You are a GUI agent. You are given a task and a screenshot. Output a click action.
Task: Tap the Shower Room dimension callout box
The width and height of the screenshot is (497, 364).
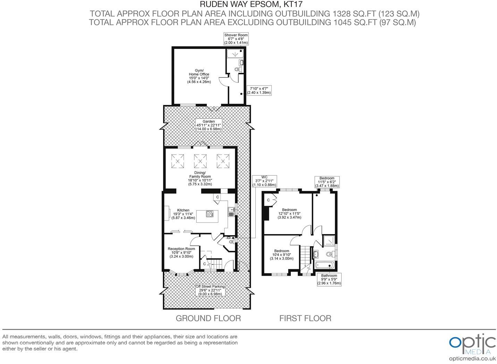(236, 39)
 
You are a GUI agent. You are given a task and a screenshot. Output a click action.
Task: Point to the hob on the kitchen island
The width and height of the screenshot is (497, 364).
(210, 214)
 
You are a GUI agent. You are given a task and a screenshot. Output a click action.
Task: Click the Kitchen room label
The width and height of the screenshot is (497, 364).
(183, 214)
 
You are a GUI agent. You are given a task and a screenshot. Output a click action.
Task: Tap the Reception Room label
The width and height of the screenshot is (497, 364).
(181, 253)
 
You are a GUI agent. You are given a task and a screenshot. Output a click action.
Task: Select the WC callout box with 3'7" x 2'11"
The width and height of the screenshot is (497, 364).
(264, 181)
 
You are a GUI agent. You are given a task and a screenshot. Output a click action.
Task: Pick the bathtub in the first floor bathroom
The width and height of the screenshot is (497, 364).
(325, 265)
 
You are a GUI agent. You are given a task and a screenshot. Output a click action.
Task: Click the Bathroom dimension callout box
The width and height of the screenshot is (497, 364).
(329, 280)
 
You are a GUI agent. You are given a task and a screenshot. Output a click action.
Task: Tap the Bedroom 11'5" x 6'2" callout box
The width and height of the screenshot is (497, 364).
(327, 182)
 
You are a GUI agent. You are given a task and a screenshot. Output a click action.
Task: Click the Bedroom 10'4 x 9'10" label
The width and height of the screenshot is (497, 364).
(281, 255)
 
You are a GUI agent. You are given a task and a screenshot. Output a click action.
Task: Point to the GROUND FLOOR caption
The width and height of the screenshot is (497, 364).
(208, 318)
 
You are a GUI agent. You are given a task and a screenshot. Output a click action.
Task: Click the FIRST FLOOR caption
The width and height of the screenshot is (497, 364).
(305, 318)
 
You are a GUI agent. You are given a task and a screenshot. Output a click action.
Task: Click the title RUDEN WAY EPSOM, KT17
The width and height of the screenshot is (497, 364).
(248, 5)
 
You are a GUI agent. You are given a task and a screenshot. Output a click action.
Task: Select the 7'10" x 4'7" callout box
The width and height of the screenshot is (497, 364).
(259, 91)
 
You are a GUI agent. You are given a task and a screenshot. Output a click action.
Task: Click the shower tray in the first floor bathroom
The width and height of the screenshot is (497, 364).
(329, 240)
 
